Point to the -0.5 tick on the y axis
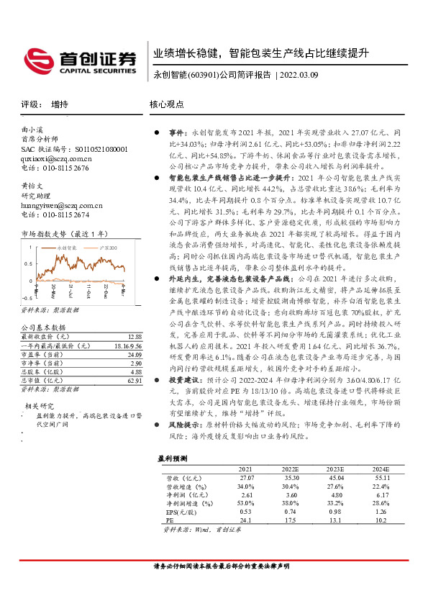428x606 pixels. [x=27, y=297]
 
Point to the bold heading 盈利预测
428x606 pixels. [x=173, y=458]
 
